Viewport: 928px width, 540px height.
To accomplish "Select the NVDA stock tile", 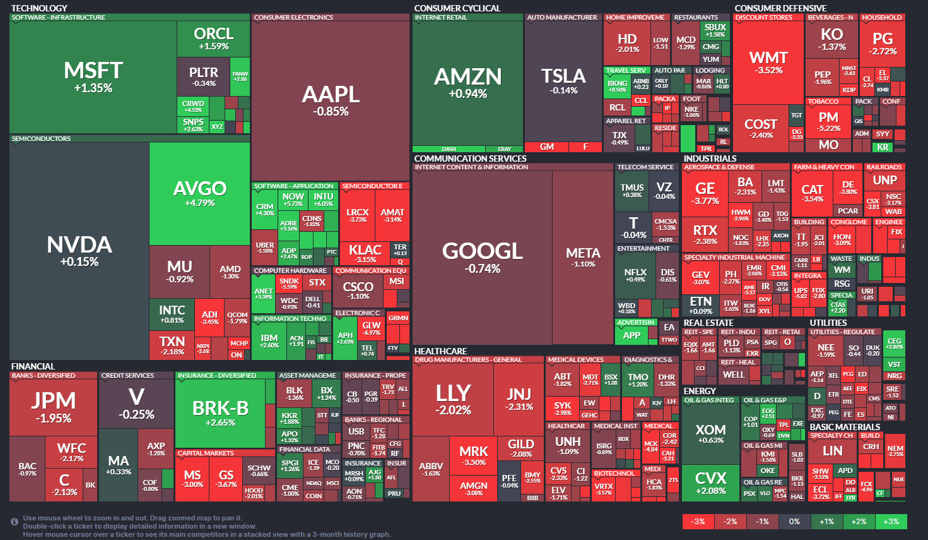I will click(79, 251).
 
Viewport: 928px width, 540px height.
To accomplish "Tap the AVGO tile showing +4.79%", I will click(199, 193).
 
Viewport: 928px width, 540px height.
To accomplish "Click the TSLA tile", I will click(563, 81).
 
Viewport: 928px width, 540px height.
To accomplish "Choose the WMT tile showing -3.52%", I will click(768, 62).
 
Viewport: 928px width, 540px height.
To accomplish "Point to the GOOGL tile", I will click(483, 256).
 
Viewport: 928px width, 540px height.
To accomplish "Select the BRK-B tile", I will click(220, 413).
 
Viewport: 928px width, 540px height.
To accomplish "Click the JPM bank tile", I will click(54, 407).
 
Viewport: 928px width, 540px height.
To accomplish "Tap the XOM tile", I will click(710, 433).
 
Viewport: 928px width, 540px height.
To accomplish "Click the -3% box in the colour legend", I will click(698, 522).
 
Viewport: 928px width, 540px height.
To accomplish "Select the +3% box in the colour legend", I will click(891, 522).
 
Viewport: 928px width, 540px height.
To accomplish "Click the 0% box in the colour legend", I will click(794, 522).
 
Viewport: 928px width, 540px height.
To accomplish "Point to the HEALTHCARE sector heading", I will click(440, 351).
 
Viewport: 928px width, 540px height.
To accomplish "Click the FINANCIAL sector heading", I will click(33, 366).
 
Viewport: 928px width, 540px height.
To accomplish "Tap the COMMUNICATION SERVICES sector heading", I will click(470, 159).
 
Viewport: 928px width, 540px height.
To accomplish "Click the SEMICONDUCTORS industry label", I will click(42, 139).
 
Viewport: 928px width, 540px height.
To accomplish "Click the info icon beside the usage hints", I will click(15, 522).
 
